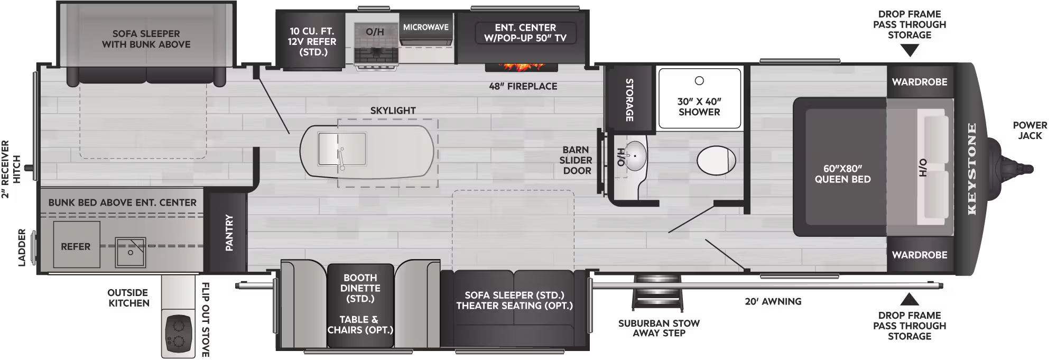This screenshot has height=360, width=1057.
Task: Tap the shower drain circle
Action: (699, 81)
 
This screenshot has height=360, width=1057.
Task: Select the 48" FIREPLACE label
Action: (523, 86)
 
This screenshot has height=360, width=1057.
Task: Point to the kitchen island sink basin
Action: (341, 149)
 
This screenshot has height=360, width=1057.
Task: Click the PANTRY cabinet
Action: (229, 232)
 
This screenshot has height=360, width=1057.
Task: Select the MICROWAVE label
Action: (425, 27)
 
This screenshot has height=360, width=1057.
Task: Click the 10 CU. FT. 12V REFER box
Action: (312, 41)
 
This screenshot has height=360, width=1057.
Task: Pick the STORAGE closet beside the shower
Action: (629, 99)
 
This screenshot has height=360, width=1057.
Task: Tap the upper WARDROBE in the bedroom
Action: (920, 82)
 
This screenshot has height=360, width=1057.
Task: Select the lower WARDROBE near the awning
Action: (920, 255)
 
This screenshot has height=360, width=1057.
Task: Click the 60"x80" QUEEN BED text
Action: (842, 174)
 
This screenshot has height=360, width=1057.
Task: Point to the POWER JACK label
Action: (1030, 131)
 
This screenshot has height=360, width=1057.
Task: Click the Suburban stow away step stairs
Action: (658, 293)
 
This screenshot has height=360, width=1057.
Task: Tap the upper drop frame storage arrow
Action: (910, 51)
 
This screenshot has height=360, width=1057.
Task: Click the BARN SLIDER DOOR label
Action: (576, 160)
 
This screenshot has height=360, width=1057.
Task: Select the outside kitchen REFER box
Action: (76, 246)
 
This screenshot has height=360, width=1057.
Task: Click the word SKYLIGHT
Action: (393, 110)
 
